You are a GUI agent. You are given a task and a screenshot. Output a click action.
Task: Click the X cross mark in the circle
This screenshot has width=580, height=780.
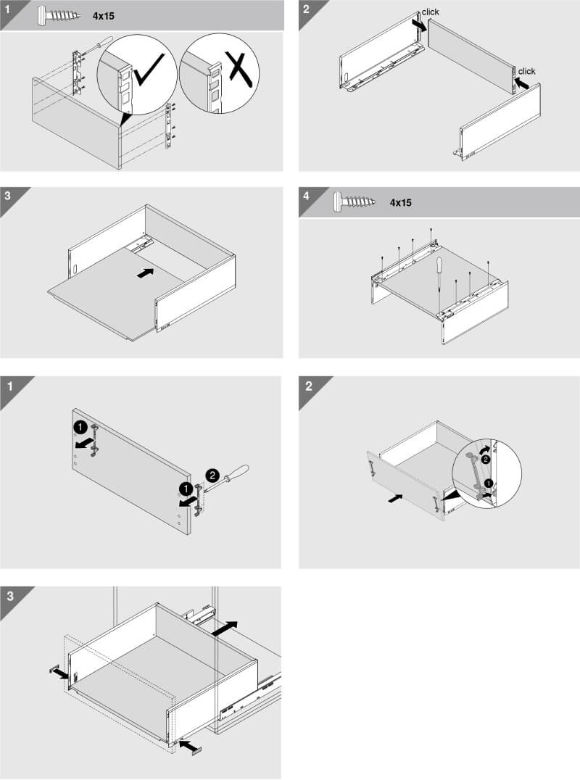[241, 66]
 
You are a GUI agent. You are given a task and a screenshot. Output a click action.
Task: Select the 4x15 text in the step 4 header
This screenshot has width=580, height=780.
[400, 202]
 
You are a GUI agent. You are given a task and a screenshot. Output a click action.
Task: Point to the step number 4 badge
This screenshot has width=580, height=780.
[306, 196]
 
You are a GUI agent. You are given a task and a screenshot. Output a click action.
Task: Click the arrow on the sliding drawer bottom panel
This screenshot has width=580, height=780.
[145, 273]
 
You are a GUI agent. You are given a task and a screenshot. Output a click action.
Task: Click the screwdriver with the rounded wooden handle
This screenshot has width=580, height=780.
[227, 478]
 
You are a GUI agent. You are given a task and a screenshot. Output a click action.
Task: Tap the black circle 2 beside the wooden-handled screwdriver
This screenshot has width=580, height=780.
[212, 476]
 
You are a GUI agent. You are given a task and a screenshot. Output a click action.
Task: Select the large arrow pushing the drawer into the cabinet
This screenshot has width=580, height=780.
[224, 628]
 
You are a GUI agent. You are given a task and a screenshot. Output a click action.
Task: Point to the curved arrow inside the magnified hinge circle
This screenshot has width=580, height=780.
[484, 449]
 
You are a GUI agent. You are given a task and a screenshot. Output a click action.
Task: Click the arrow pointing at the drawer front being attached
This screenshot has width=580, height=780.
[395, 498]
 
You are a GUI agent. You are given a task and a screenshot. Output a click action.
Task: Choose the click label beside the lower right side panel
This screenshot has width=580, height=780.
[527, 71]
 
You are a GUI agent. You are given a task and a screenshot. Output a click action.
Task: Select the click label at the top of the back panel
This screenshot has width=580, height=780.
[430, 12]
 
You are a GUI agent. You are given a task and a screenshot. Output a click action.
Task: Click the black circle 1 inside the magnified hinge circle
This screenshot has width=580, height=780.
[488, 483]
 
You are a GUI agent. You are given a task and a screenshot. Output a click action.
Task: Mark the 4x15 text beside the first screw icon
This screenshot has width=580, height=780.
[104, 16]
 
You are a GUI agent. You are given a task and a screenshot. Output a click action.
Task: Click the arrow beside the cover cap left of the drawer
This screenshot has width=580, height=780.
[62, 673]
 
